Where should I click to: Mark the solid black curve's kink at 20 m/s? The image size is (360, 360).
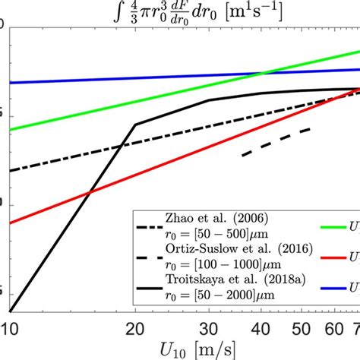136,124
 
